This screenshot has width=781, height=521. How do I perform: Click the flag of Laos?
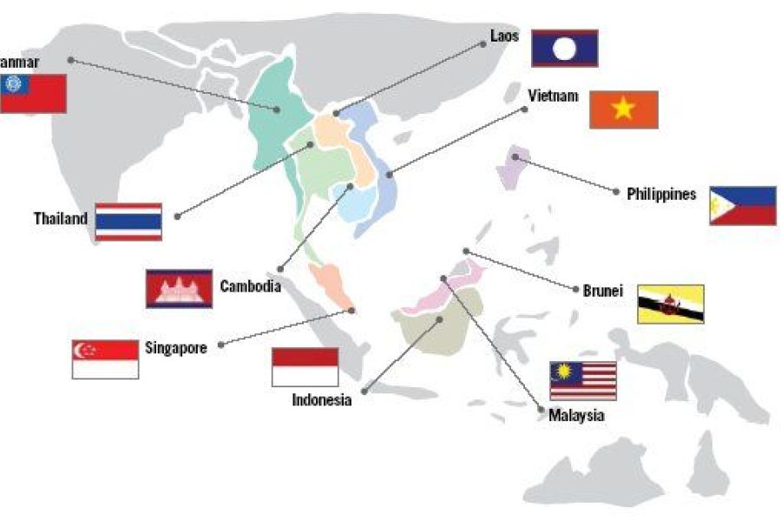click(564, 48)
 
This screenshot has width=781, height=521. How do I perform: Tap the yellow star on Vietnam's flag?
click(624, 109)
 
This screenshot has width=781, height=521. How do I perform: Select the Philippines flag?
click(743, 206)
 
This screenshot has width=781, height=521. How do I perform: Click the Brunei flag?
click(671, 304)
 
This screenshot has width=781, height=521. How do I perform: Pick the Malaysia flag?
click(583, 380)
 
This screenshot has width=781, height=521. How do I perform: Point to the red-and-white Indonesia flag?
click(305, 366)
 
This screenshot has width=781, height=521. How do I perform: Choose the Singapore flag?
click(105, 359)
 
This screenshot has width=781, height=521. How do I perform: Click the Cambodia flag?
click(179, 288)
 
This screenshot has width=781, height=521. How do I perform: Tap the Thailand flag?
click(128, 221)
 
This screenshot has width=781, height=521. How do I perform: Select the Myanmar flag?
click(32, 93)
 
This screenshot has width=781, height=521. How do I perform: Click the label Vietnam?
click(553, 96)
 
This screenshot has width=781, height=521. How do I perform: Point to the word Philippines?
click(661, 195)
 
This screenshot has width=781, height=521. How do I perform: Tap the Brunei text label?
click(604, 291)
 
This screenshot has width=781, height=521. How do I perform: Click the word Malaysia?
click(576, 416)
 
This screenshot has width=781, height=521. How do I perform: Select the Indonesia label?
click(322, 400)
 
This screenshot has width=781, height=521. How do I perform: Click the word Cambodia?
click(250, 286)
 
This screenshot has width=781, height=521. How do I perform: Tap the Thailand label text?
click(61, 218)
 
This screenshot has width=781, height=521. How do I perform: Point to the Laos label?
click(504, 38)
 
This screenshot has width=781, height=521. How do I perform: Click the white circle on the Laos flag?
click(564, 48)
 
